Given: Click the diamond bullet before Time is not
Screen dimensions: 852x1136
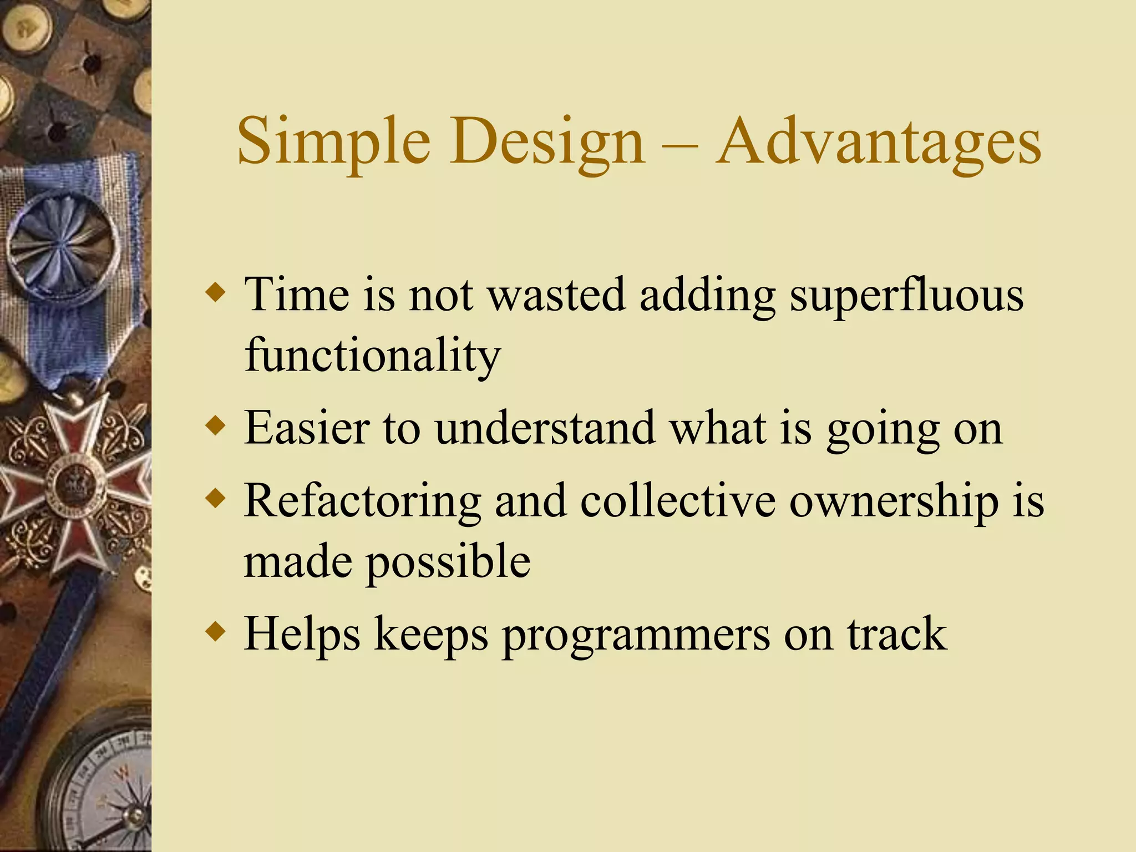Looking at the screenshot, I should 215,292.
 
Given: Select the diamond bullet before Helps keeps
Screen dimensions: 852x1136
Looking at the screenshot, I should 215,631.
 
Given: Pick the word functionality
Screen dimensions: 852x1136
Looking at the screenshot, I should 373,356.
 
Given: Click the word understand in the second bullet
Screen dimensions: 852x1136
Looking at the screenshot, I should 544,428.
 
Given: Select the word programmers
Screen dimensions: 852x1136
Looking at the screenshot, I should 636,635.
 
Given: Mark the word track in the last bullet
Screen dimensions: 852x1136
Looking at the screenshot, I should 896,633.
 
